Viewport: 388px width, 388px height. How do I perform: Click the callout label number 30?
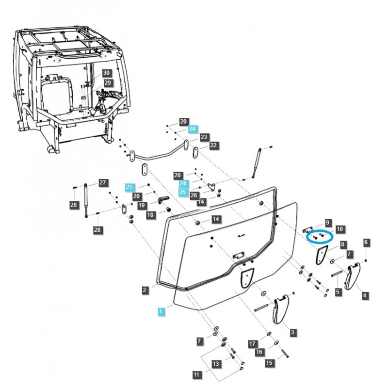pos(107,73)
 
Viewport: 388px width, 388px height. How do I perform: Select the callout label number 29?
pos(108,83)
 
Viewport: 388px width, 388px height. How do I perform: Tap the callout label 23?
pos(204,137)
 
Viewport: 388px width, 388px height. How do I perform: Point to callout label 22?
pos(213,145)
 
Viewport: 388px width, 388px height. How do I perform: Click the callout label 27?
pos(102,183)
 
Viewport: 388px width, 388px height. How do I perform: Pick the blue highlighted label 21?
pos(129,187)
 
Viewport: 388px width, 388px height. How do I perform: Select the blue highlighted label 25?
pos(182,192)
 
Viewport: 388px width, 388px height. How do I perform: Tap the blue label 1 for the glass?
pos(161,310)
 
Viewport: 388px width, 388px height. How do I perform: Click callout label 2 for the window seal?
pos(145,290)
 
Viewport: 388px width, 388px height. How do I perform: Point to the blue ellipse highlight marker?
pos(320,237)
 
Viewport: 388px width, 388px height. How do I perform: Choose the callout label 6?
pos(366,242)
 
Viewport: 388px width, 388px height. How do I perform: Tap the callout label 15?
pos(269,362)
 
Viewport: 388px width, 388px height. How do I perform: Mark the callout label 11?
pos(196,375)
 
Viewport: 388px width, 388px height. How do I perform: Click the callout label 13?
pos(216,364)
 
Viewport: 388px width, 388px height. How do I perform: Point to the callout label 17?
pos(252,344)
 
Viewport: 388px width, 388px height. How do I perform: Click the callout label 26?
pos(194,195)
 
